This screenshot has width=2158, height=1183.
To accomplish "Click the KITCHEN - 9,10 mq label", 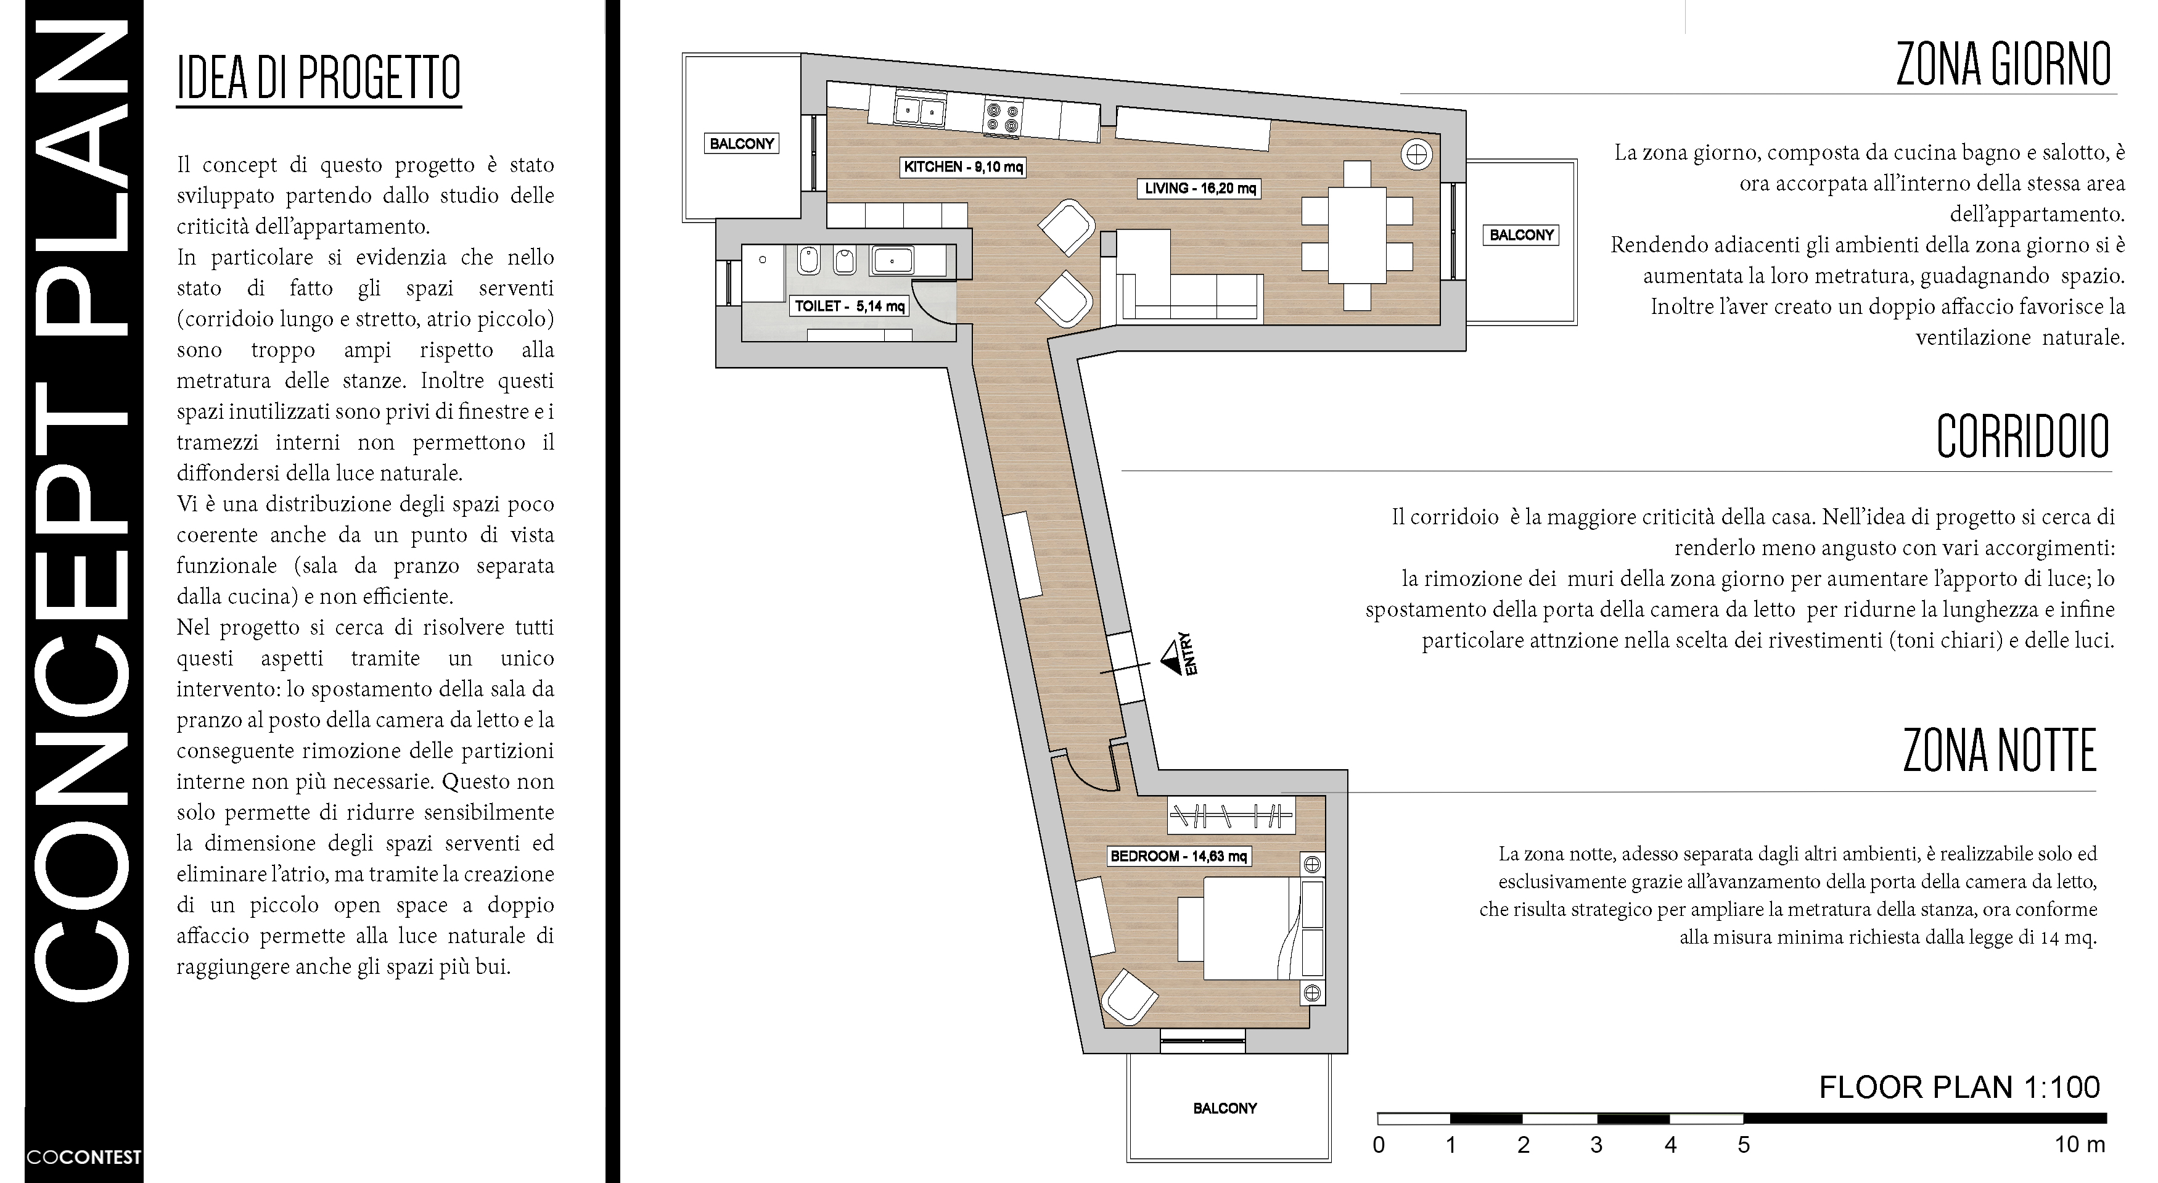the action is tap(962, 167).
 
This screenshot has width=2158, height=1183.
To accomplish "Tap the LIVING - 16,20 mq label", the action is tap(1200, 189).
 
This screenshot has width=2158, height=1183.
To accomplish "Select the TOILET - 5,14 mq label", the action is tap(850, 306).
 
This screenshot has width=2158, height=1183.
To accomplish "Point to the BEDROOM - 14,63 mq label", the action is tap(1179, 856).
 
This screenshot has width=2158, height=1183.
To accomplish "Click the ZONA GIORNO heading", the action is tap(2003, 65).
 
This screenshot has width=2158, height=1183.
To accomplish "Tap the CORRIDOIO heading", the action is tap(2022, 437).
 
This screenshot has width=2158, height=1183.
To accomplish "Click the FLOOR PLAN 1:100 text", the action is tap(1959, 1087).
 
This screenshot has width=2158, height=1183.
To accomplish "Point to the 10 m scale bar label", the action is tap(2079, 1145).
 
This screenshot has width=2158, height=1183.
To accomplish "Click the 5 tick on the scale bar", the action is tap(1743, 1145).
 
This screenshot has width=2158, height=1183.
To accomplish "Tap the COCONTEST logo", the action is tap(84, 1157).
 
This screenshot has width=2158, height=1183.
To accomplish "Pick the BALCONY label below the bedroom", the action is tap(1225, 1108).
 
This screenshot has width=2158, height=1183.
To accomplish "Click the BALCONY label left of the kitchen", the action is tap(741, 143).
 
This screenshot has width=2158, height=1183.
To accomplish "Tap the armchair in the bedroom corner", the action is tap(1128, 999).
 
